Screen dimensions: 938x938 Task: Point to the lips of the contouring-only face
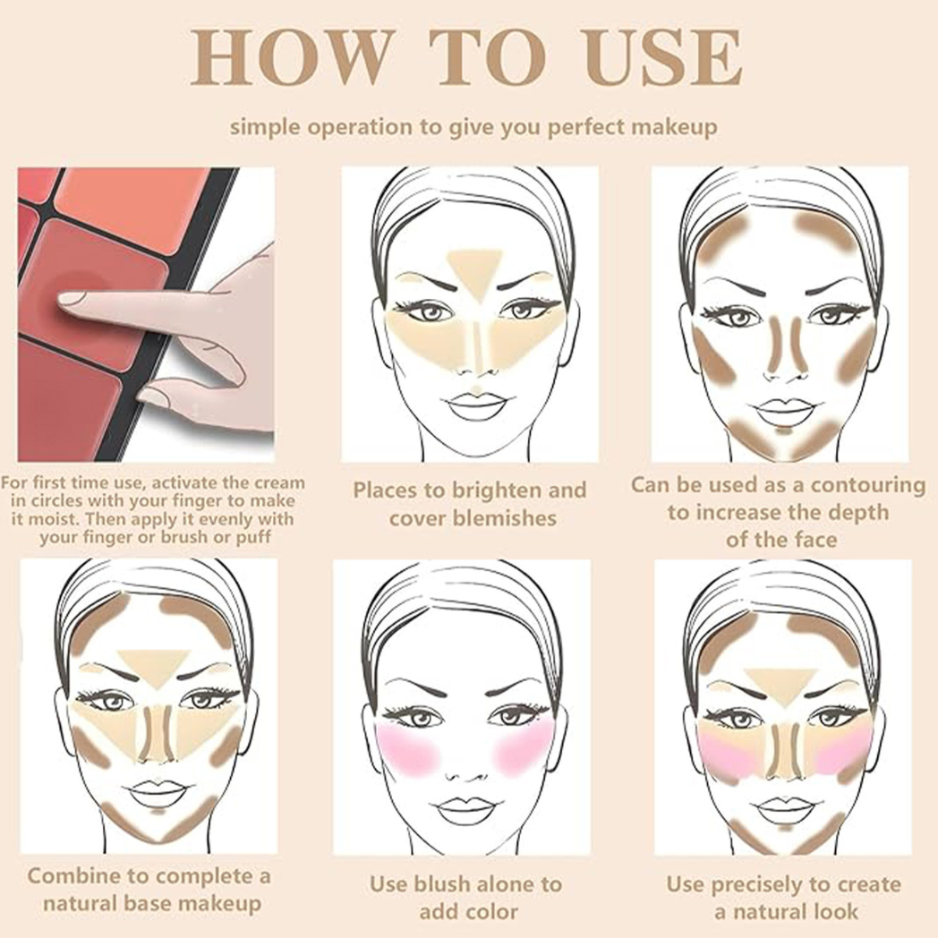[x=784, y=412]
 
